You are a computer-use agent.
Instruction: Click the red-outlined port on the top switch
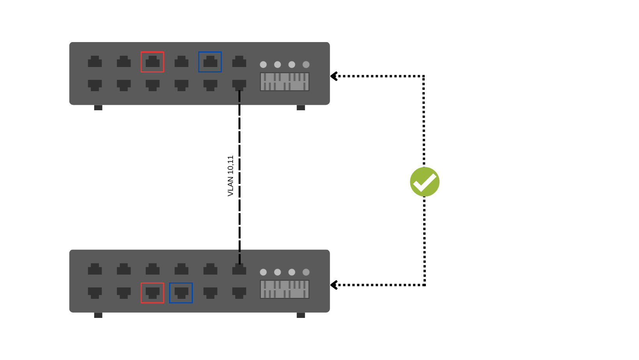pyautogui.click(x=152, y=62)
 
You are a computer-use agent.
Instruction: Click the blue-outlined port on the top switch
pyautogui.click(x=210, y=62)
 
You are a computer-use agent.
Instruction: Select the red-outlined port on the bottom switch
pyautogui.click(x=152, y=293)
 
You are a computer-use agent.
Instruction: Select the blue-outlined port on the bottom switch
pyautogui.click(x=181, y=293)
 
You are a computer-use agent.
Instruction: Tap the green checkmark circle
pyautogui.click(x=425, y=182)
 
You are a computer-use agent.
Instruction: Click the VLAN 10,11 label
pyautogui.click(x=231, y=176)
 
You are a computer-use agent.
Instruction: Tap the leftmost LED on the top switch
pyautogui.click(x=263, y=65)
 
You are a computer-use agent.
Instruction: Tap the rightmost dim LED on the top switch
pyautogui.click(x=306, y=65)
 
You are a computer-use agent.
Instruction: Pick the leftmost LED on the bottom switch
pyautogui.click(x=263, y=272)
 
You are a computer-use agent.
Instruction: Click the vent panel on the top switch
pyautogui.click(x=284, y=82)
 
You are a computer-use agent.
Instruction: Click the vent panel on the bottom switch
pyautogui.click(x=284, y=289)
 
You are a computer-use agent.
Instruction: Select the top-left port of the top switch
pyautogui.click(x=95, y=62)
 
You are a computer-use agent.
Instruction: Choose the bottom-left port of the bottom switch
pyautogui.click(x=95, y=293)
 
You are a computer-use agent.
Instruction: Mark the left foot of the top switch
pyautogui.click(x=98, y=108)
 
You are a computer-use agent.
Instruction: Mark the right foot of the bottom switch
pyautogui.click(x=301, y=315)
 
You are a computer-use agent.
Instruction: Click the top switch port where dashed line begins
pyautogui.click(x=239, y=85)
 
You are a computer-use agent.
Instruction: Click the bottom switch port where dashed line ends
pyautogui.click(x=239, y=269)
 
